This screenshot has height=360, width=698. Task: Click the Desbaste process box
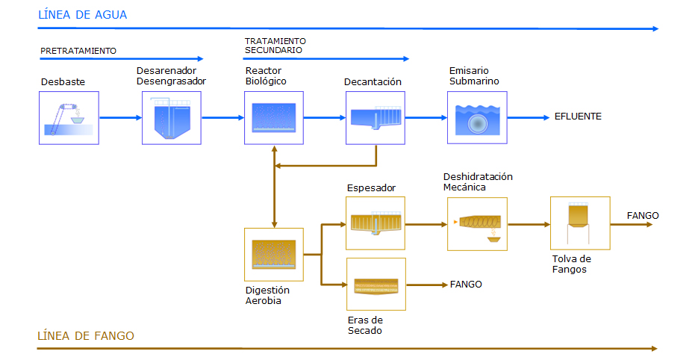(x=69, y=118)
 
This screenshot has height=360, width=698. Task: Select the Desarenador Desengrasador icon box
(x=172, y=118)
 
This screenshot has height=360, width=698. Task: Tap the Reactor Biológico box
(x=274, y=118)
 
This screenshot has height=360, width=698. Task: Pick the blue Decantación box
(x=376, y=118)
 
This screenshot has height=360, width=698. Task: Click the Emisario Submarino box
(x=477, y=117)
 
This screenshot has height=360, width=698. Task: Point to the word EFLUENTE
(x=578, y=117)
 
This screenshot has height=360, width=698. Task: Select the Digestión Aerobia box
(x=274, y=255)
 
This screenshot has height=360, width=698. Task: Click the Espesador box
(x=376, y=223)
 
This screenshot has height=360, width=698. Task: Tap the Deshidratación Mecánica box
(x=477, y=224)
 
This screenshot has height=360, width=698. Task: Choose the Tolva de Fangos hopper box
(x=580, y=223)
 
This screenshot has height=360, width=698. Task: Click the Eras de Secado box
(x=376, y=285)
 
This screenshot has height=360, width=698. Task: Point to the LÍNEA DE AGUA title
(x=82, y=15)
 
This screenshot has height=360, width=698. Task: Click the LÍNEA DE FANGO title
(x=85, y=335)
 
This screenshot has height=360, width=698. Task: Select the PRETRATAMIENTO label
(x=78, y=51)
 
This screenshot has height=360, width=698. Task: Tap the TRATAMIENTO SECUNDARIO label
(x=275, y=46)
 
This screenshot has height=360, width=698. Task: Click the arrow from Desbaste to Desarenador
(x=121, y=117)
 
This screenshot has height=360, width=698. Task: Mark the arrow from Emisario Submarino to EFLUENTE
(x=529, y=117)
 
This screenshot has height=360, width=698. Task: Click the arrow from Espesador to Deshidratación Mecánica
(x=426, y=225)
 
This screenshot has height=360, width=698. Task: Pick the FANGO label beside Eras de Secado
(x=466, y=285)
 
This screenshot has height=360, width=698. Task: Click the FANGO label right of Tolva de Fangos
(x=642, y=216)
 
